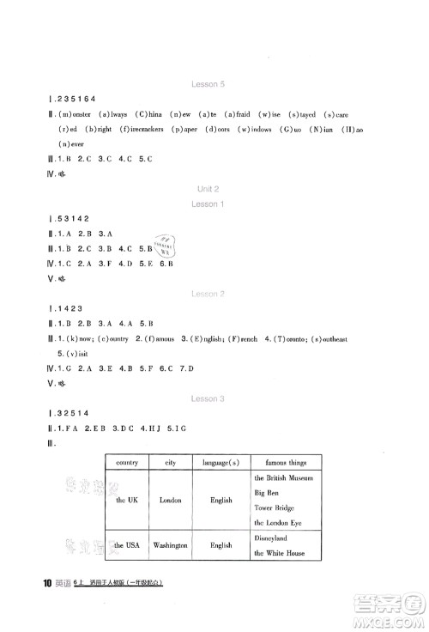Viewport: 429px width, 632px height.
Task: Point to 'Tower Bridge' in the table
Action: click(275, 507)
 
